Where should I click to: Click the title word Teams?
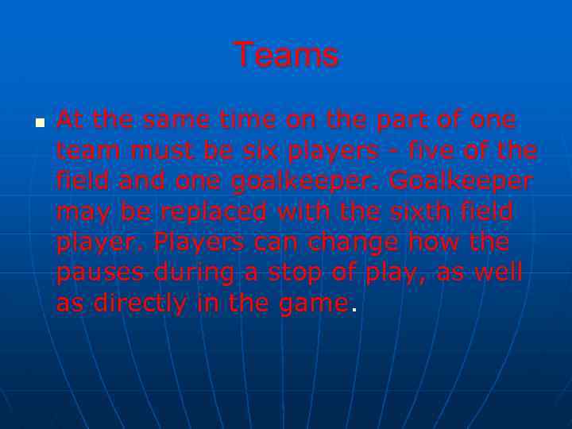(286, 56)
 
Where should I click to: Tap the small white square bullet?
(38, 124)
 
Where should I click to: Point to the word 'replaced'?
(201, 211)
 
